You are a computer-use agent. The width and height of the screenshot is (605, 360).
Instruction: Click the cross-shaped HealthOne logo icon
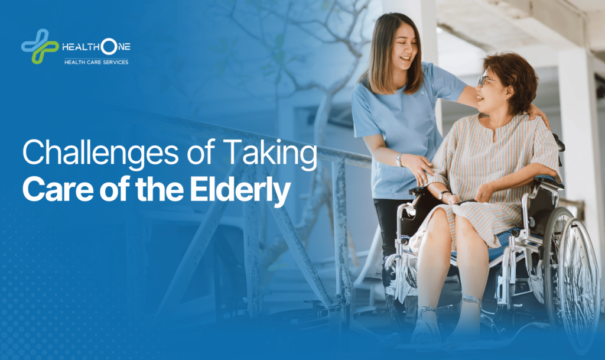(x=40, y=46)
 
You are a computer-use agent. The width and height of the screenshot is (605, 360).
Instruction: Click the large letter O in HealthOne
(x=109, y=47)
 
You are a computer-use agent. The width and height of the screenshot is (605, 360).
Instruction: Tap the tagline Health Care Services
(x=96, y=62)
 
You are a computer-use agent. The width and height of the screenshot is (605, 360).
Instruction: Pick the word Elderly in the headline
(x=240, y=191)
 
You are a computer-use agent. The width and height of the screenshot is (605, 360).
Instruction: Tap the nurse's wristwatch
(x=399, y=160)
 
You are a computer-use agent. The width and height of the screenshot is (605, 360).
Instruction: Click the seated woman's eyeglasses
(x=486, y=80)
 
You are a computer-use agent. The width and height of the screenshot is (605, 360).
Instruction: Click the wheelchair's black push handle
(x=560, y=143)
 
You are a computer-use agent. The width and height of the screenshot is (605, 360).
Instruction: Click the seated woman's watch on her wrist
(x=443, y=195)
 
